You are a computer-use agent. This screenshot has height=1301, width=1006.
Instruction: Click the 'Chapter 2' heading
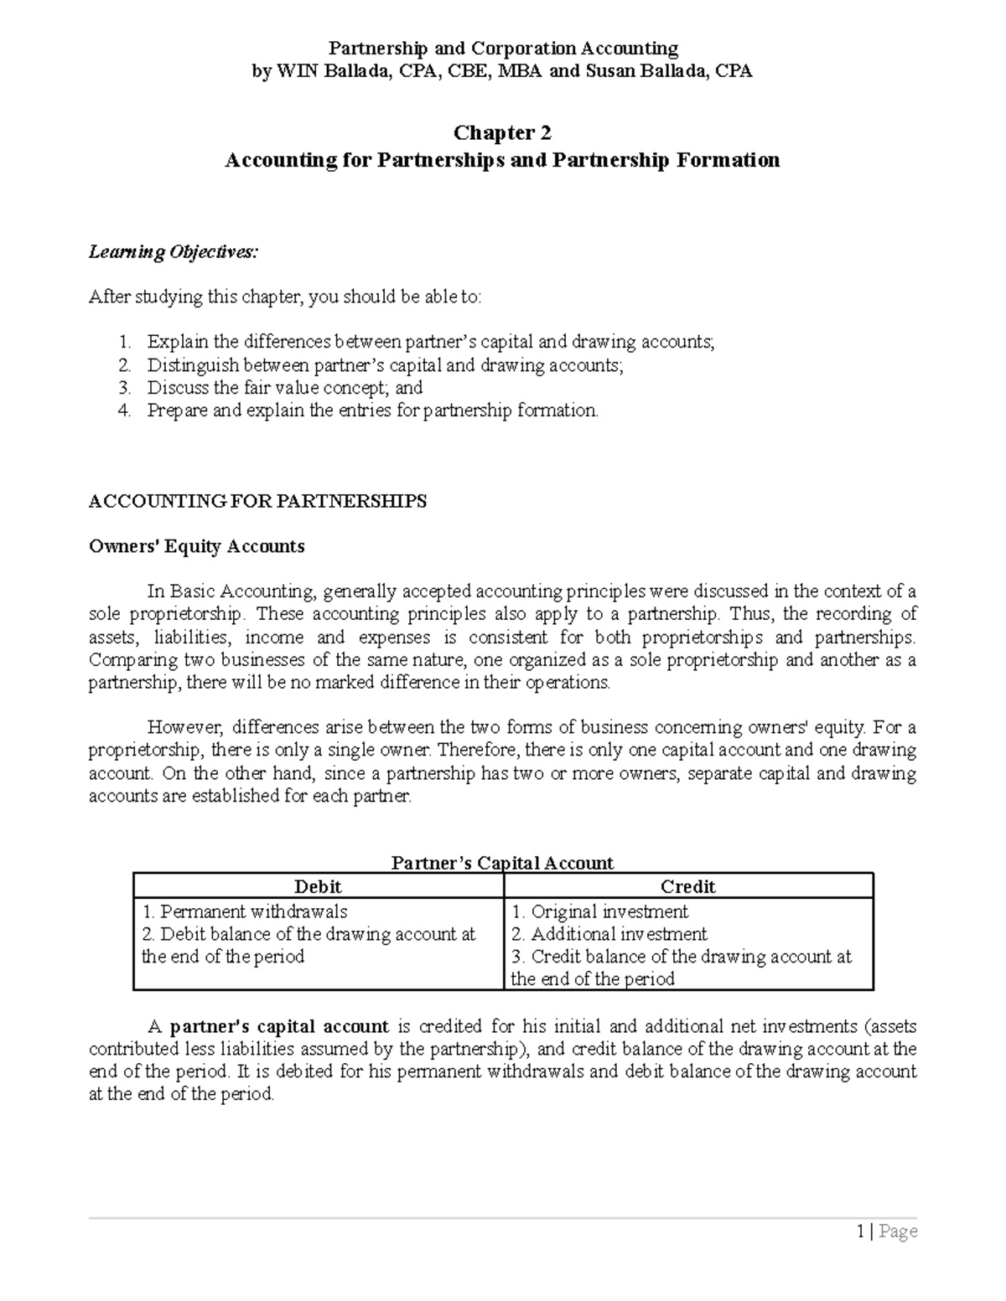502,132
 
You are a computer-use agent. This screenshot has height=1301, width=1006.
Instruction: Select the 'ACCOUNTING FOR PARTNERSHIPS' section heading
257,501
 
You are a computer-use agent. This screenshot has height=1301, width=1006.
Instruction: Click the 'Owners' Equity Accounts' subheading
196,546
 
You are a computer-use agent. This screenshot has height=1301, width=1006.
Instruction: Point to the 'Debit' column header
318,886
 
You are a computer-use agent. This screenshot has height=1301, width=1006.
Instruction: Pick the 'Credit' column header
687,886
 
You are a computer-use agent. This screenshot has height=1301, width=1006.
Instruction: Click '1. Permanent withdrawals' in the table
244,911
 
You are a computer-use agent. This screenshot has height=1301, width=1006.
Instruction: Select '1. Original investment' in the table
599,911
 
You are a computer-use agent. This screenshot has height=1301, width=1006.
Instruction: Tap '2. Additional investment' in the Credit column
609,934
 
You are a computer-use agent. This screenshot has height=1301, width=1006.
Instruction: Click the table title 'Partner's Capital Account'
502,863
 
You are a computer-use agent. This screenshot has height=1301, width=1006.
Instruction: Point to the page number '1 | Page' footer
886,1231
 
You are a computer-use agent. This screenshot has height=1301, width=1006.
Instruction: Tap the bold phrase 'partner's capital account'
279,1026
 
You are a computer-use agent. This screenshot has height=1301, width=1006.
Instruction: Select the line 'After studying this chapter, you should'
285,297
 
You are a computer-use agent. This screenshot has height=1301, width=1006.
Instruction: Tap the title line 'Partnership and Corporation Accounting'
502,49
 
